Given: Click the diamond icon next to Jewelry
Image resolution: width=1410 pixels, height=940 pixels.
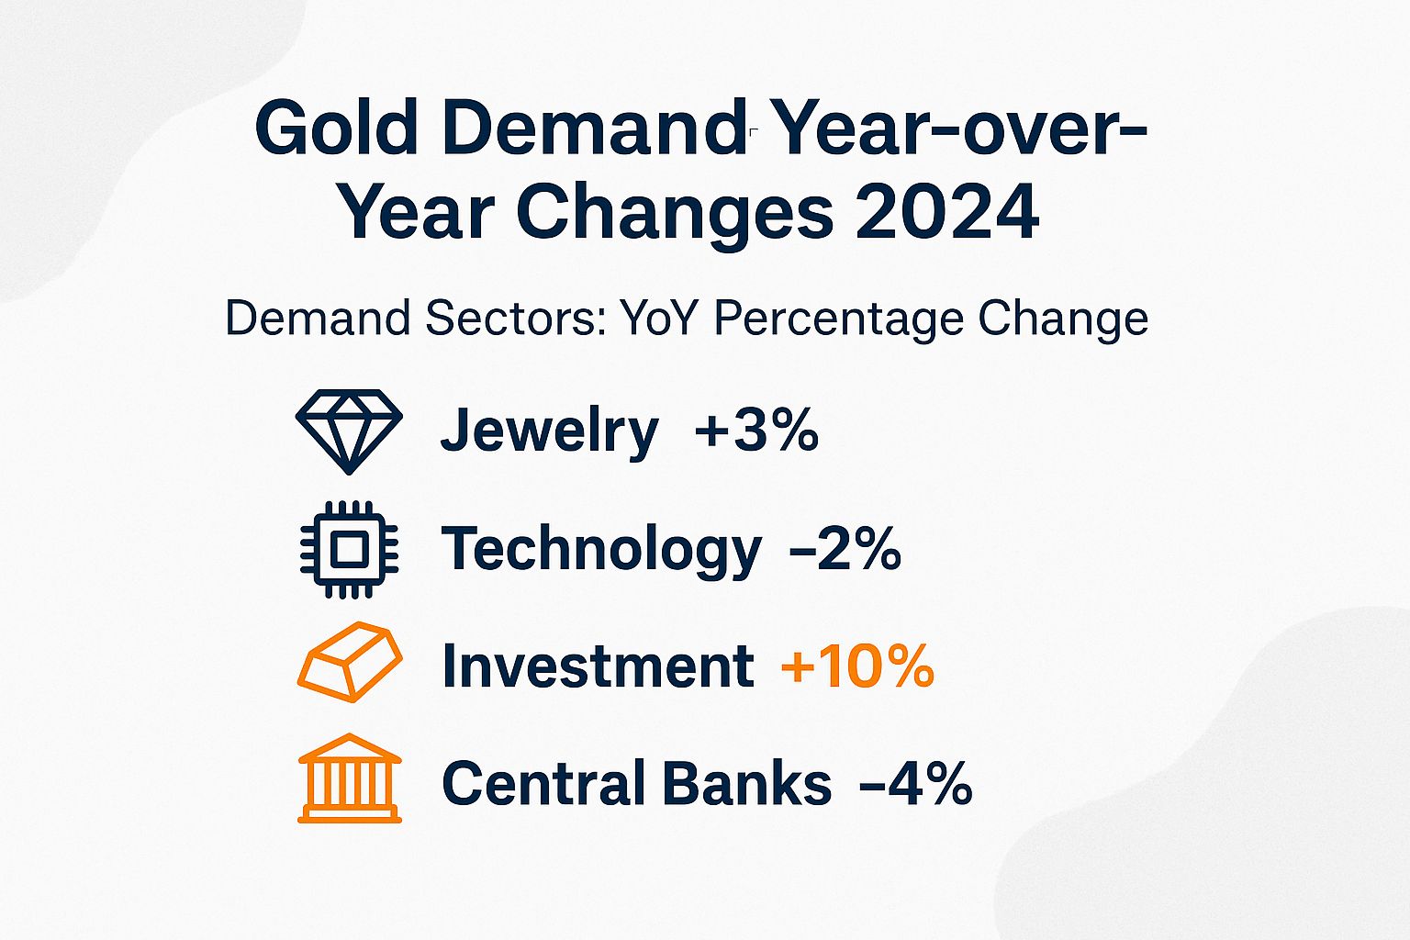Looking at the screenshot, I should (349, 430).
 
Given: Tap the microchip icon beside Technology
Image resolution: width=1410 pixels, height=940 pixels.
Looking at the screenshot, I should (349, 549).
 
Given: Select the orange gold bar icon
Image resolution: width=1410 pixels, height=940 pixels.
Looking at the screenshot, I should (349, 663).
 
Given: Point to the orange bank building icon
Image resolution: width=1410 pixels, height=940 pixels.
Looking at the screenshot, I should (350, 778).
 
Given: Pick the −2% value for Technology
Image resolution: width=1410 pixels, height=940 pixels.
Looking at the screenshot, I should (845, 548).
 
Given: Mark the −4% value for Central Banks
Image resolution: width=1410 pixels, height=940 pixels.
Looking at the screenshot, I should (915, 783).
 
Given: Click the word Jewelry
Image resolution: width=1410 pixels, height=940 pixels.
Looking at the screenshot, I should (549, 431).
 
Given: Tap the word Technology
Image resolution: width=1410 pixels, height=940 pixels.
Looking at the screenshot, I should (601, 549).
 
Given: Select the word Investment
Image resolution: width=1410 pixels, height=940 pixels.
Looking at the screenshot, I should (598, 666).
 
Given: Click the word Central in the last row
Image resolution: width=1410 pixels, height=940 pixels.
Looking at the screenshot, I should (543, 783).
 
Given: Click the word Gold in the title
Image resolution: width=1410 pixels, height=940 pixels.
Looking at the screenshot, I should (337, 129).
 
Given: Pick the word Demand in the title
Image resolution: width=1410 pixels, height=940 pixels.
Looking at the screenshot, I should (591, 129).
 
